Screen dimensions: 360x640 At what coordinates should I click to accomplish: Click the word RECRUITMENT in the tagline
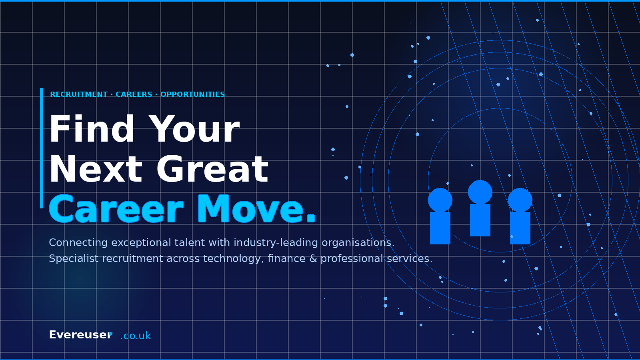pos(79,94)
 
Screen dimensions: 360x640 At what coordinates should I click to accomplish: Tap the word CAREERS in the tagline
pos(134,94)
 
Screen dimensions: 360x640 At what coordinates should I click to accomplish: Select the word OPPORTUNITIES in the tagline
pos(192,94)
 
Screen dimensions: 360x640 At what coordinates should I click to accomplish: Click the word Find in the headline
pos(92,130)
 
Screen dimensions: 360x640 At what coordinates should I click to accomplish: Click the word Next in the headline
pos(96,170)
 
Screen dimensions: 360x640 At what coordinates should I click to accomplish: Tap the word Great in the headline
pos(212,170)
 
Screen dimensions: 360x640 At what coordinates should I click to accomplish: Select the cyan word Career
pos(116,209)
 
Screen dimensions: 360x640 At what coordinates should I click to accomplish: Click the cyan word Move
pos(256,209)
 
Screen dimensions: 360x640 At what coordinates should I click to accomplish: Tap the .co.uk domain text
pos(136,336)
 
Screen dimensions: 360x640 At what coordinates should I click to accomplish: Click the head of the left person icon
pos(440,200)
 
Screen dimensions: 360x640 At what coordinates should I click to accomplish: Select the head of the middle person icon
pos(480,192)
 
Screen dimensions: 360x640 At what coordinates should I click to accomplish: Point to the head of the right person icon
pos(520,200)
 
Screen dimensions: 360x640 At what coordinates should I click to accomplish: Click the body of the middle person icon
pos(480,220)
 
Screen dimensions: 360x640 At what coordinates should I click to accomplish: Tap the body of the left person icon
pos(440,228)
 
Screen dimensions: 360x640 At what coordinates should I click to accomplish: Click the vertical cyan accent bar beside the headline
pos(42,148)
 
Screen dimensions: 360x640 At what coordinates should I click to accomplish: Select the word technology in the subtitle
pos(233,259)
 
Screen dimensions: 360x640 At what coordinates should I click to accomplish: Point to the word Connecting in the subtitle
pos(78,243)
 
